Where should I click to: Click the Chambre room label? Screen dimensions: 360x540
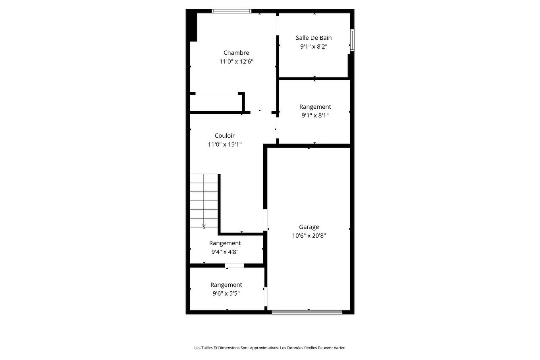coord(236,53)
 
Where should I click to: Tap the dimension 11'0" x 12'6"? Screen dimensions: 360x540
coord(236,62)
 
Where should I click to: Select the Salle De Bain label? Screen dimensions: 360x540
coord(314,38)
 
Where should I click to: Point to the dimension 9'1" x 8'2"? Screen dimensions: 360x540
coord(314,46)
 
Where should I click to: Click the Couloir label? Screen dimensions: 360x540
coord(225,136)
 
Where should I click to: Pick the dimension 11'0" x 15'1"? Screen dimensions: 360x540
coord(225,144)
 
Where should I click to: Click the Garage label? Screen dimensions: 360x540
coord(309,227)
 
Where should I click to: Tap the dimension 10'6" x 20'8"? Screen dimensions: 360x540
coord(309,236)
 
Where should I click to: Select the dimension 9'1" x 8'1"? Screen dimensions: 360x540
coord(315,116)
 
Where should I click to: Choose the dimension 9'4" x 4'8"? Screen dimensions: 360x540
coord(225,252)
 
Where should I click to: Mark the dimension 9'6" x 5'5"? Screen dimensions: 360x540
coord(226,294)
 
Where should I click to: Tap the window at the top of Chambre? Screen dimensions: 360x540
coord(231,11)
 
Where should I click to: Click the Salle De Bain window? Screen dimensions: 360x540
coord(352,40)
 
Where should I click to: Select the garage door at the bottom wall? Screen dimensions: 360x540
coord(307,312)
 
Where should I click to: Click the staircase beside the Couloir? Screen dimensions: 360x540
coord(204,200)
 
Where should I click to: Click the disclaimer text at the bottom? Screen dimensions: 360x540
coord(270,348)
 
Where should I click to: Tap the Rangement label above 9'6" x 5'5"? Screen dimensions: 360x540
coord(226,285)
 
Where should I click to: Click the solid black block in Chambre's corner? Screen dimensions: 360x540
coord(193,26)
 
